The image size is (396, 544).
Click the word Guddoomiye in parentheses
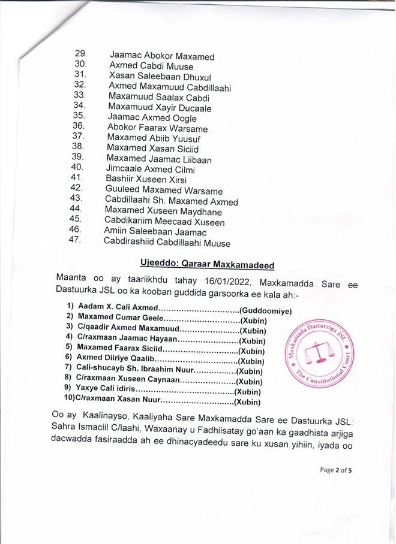point(266,311)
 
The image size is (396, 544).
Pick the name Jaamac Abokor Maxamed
point(162,57)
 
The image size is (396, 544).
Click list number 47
point(76,240)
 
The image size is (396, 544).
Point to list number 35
point(79,115)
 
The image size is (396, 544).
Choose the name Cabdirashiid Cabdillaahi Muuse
point(167,243)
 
